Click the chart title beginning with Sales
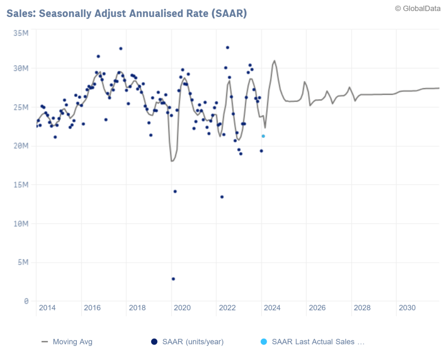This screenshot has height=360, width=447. pos(127,13)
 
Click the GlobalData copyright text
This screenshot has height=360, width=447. pos(418,8)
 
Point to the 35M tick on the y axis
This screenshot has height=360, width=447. pos(21,33)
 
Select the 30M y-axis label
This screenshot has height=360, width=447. pos(21,68)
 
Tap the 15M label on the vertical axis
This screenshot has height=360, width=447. pos(21,185)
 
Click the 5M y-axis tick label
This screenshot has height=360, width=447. pos(23,262)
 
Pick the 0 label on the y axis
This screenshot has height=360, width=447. pos(27,301)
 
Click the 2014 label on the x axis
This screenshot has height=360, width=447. pos(47,308)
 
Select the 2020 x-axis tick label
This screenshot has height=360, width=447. pos(182,308)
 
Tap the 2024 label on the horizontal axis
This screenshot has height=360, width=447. pos(272,308)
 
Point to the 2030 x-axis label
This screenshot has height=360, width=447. pos(407,308)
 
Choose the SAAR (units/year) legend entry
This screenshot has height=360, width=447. pos(193,342)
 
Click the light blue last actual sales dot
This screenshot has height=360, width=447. pos(263,136)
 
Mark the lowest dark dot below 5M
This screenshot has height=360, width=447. pos(173,279)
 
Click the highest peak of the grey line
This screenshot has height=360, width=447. pos(274,61)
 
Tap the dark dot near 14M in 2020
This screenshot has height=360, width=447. pos(175,192)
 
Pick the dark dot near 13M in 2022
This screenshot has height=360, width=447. pos(222,197)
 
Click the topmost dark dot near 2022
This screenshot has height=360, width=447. pos(227,48)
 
